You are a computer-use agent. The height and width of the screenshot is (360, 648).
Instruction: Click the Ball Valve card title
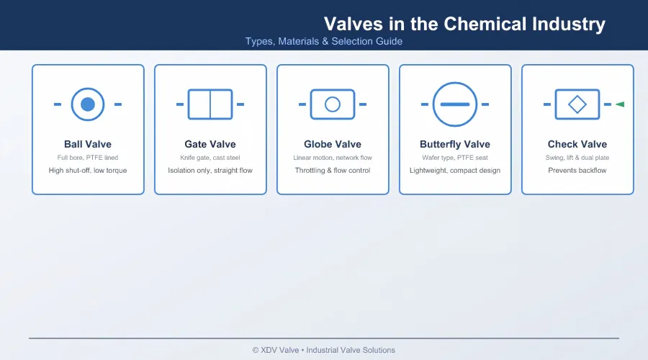(x=88, y=144)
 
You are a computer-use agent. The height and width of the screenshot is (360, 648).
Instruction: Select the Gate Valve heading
(x=210, y=144)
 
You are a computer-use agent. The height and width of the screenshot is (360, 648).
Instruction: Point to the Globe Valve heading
(x=333, y=144)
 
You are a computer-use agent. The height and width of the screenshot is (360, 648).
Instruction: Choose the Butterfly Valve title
(x=455, y=144)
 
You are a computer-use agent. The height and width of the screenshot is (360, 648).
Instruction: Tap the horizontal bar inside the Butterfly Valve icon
(x=455, y=104)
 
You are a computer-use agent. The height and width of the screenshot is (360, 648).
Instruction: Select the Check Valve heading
(x=577, y=144)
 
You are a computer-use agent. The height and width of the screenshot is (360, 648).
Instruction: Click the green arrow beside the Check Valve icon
(x=620, y=104)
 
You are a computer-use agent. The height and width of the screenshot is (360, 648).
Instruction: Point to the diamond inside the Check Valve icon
(x=577, y=96)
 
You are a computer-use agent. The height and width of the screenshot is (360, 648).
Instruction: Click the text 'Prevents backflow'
(x=577, y=171)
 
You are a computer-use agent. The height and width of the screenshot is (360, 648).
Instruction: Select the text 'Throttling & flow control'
(x=333, y=171)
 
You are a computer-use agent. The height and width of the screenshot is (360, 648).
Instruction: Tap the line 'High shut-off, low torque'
(x=88, y=171)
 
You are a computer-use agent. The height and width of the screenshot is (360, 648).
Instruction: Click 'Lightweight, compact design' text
(x=455, y=171)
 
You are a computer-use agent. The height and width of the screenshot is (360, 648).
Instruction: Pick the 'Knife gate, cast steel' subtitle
(x=210, y=158)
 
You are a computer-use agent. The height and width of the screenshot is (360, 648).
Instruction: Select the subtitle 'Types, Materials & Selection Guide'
(x=324, y=41)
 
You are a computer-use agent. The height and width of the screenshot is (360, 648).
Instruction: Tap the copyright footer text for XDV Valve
(x=324, y=350)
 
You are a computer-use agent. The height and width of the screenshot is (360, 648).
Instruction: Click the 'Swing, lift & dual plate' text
(x=577, y=158)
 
